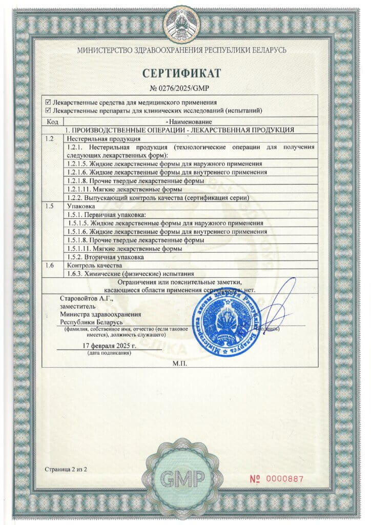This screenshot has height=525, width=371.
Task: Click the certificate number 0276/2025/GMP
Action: (x=186, y=88)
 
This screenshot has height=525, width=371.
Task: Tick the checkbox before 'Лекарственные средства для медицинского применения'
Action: (x=49, y=103)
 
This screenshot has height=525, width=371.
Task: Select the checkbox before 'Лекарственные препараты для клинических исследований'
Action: (x=49, y=110)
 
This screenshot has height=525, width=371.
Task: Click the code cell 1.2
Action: (x=50, y=139)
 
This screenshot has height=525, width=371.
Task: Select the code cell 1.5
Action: (x=50, y=206)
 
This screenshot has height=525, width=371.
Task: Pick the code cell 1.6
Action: (x=50, y=266)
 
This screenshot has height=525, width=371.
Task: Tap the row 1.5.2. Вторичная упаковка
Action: (x=106, y=257)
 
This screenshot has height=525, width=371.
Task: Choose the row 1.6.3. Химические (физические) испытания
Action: (x=131, y=273)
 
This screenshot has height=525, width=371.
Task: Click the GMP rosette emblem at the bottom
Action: (x=183, y=478)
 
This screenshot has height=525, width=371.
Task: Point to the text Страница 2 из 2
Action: (x=66, y=469)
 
